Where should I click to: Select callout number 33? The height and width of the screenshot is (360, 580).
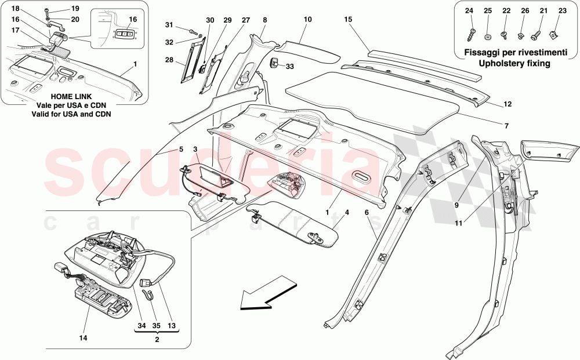pos(289,67)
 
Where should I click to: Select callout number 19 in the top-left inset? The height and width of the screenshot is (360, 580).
pos(75,9)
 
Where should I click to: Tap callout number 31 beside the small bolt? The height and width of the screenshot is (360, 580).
pos(169,24)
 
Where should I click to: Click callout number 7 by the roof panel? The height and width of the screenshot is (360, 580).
pos(507,124)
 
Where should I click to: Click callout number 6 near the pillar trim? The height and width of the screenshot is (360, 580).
pos(366,213)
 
